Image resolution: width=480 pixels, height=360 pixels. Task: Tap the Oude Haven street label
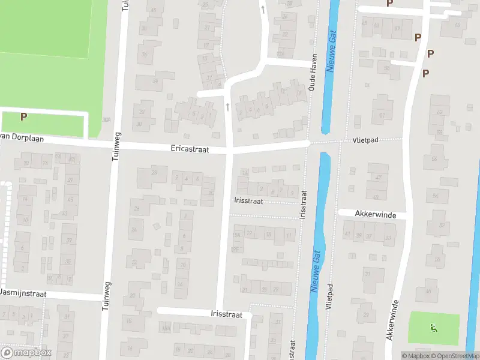pos(313,72)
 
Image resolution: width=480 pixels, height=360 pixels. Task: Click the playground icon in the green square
pos(433,328)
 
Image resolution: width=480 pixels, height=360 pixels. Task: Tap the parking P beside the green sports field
pos(24,117)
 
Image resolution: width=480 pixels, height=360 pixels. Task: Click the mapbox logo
pos(26,353)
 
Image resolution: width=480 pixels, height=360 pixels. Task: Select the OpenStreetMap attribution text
pos(454,356)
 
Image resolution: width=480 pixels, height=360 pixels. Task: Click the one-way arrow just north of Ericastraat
pos(228,106)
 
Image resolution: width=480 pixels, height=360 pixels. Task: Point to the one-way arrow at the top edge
pos(262,8)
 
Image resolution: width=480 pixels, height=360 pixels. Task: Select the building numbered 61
pos(382,115)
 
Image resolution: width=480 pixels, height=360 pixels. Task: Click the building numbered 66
pos(434,158)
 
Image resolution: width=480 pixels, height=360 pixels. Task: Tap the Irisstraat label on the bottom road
pos(226,314)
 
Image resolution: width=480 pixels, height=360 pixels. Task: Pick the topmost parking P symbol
pos(389,3)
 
